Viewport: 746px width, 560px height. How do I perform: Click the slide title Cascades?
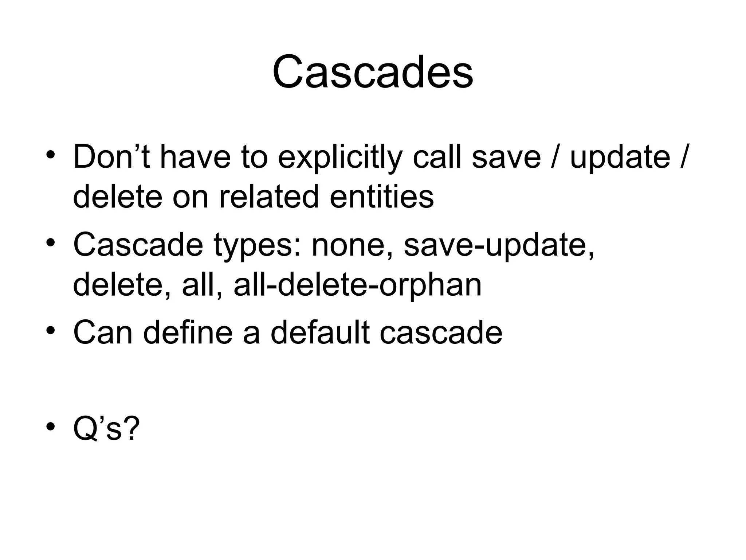373,72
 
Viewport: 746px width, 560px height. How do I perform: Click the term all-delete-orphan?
358,285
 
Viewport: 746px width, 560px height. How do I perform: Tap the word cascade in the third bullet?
441,333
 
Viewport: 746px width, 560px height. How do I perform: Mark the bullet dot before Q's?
51,426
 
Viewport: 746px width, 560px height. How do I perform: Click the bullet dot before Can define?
51,330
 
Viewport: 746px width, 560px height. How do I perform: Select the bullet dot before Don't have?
51,155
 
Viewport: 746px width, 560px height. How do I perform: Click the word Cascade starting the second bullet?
138,245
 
